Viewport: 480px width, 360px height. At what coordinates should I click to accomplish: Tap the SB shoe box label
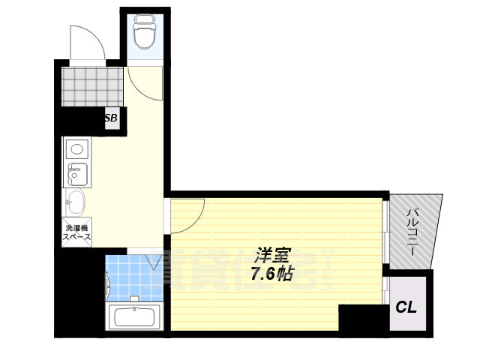[111, 118]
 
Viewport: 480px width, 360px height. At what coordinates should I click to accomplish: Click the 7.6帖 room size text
[271, 274]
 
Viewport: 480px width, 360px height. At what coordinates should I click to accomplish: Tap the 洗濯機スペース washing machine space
[76, 232]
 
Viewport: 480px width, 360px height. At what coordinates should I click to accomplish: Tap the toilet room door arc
[144, 83]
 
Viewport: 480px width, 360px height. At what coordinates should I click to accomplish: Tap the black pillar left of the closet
[361, 316]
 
